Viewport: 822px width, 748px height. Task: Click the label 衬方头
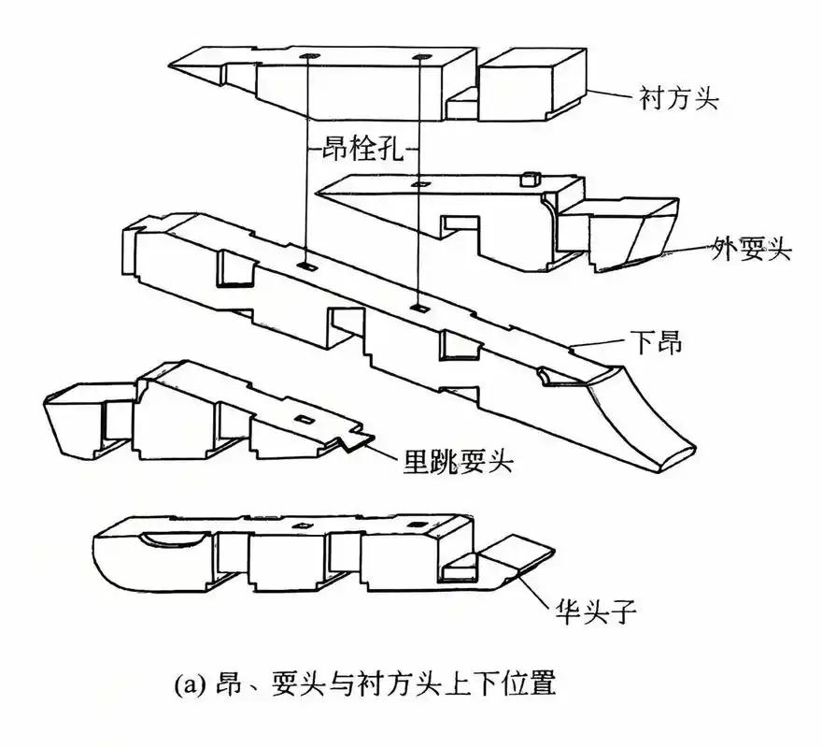(x=679, y=98)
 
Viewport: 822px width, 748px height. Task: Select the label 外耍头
(x=752, y=250)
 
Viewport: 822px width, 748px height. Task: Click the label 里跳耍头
(x=458, y=461)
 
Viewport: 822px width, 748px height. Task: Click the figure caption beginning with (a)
(x=365, y=684)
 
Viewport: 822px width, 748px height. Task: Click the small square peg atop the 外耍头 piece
(x=530, y=178)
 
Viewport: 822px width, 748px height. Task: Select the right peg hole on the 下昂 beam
(x=420, y=307)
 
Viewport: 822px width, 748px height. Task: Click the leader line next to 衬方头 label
(x=612, y=94)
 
